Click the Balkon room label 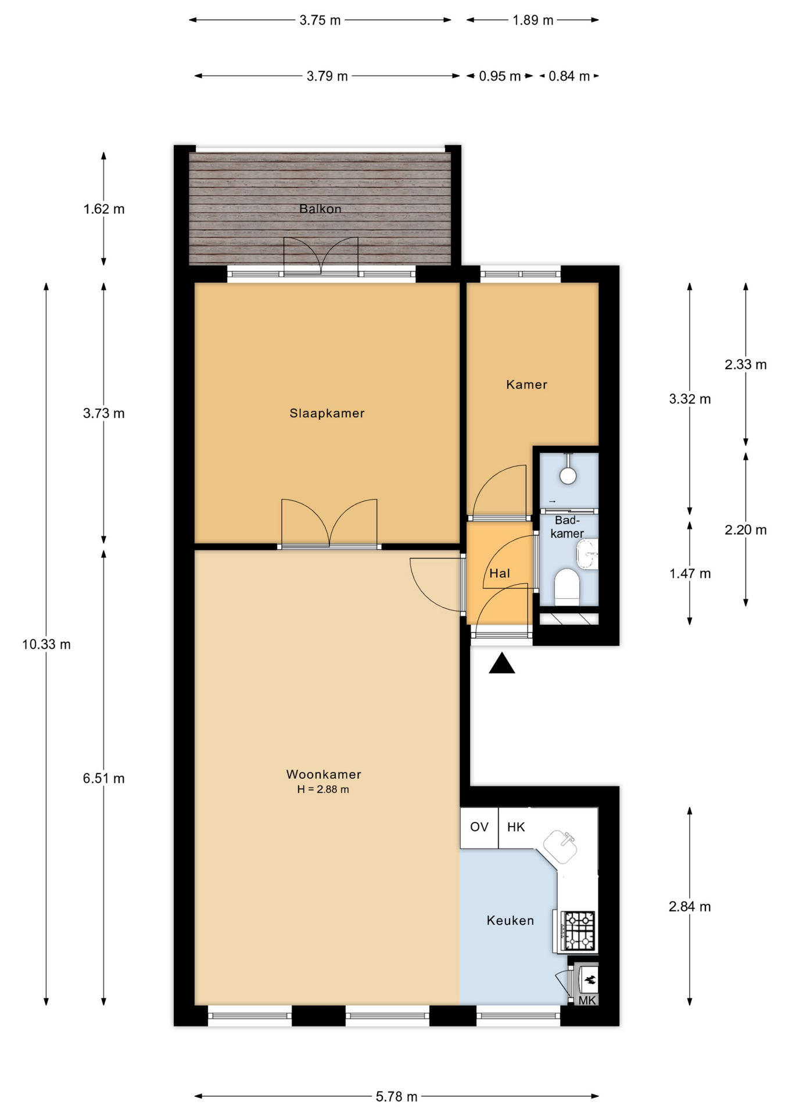point(320,209)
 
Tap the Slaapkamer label point(327,413)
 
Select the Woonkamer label point(324,774)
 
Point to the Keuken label point(510,920)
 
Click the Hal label point(500,574)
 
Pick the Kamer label point(526,384)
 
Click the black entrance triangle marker point(502,663)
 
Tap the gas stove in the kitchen point(579,930)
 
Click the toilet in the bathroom point(567,588)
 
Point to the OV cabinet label point(479,827)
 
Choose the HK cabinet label point(516,827)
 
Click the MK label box point(587,1000)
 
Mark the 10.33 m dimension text point(46,644)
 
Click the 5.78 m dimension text point(396,1096)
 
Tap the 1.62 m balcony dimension point(104,209)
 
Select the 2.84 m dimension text point(690,906)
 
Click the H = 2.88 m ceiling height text point(323,789)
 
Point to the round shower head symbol point(568,475)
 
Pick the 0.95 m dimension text point(500,76)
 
